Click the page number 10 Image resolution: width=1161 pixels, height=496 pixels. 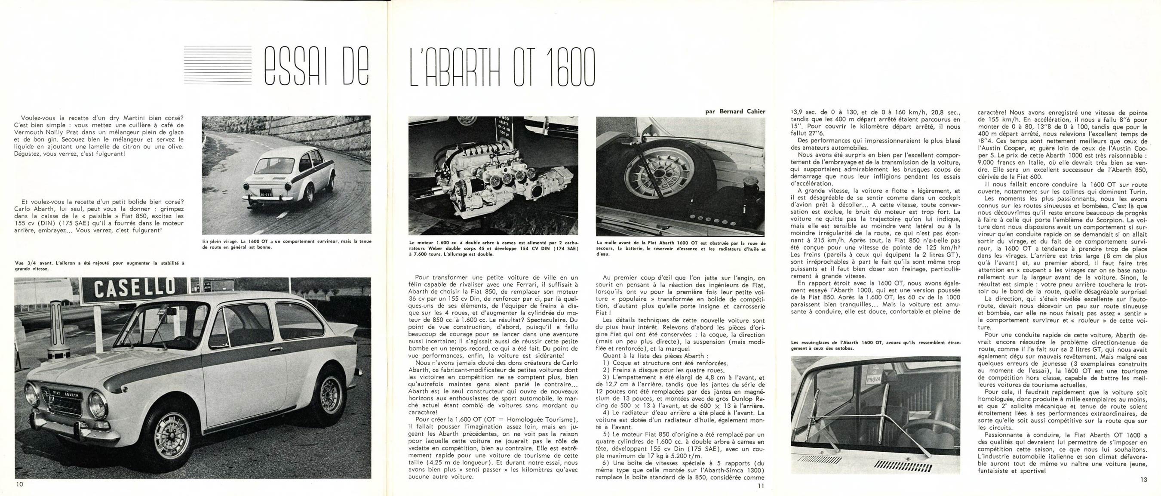[19, 484]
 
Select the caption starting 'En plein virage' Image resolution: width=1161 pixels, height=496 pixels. [287, 244]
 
